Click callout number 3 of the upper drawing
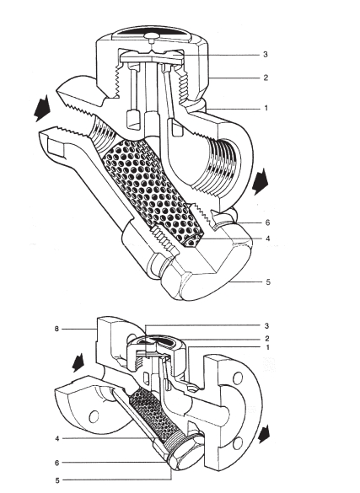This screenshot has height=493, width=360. (x=266, y=55)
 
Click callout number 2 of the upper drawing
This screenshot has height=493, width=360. (x=266, y=78)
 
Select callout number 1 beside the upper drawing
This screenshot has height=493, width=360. (x=266, y=108)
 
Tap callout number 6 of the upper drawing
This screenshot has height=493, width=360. (x=267, y=222)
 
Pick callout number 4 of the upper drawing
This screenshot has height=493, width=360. (x=267, y=238)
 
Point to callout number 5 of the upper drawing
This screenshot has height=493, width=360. (x=268, y=281)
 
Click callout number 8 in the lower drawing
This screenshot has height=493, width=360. (x=56, y=329)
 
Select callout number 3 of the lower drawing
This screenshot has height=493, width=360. (x=266, y=326)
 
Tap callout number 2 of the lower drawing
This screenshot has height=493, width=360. (x=267, y=339)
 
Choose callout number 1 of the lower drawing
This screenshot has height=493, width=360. (x=267, y=348)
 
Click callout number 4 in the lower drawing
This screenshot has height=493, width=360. (x=56, y=438)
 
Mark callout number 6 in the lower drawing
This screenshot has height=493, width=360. (x=56, y=463)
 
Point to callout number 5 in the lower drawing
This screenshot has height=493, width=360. (x=57, y=480)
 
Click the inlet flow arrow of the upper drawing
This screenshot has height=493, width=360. (x=42, y=109)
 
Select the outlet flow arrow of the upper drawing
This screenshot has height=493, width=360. (x=261, y=181)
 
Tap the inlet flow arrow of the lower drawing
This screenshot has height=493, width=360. (x=78, y=362)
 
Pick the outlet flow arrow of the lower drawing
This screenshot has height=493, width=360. (x=264, y=434)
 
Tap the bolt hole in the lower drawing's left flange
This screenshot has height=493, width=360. (x=94, y=417)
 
